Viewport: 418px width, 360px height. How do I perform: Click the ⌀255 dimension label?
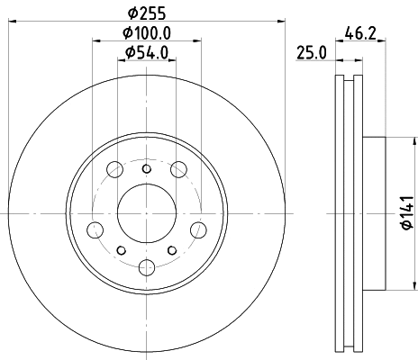click(x=147, y=13)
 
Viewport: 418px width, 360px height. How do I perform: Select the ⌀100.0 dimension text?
click(x=147, y=32)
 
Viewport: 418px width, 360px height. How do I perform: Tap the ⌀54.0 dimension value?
click(x=147, y=53)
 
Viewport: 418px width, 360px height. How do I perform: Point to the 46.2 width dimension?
click(x=360, y=33)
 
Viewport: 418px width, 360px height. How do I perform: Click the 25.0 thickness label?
click(x=312, y=53)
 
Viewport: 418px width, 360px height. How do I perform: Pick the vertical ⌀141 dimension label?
click(x=408, y=213)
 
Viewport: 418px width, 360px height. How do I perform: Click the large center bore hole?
click(x=147, y=213)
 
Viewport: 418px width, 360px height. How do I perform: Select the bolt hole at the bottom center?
click(x=147, y=267)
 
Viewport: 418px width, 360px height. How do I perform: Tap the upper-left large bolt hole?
click(x=114, y=169)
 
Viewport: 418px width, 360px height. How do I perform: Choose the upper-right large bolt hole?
click(x=178, y=169)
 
